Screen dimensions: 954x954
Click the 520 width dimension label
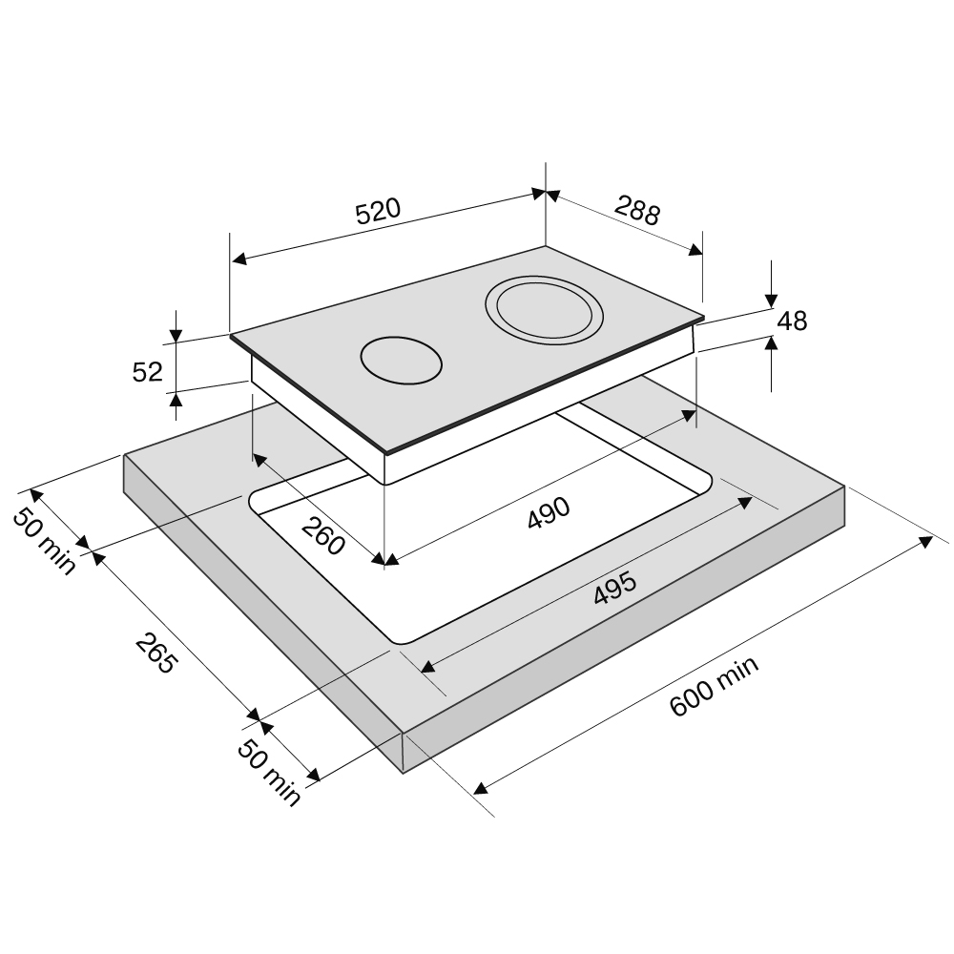(x=378, y=211)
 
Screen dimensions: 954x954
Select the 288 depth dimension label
(x=636, y=210)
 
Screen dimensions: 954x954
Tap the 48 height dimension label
(x=792, y=321)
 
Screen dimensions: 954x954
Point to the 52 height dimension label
(x=147, y=372)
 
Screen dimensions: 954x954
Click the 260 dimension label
(x=322, y=535)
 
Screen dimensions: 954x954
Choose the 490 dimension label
(x=549, y=513)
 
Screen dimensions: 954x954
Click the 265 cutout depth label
(x=156, y=653)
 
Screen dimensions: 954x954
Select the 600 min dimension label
(x=714, y=686)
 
